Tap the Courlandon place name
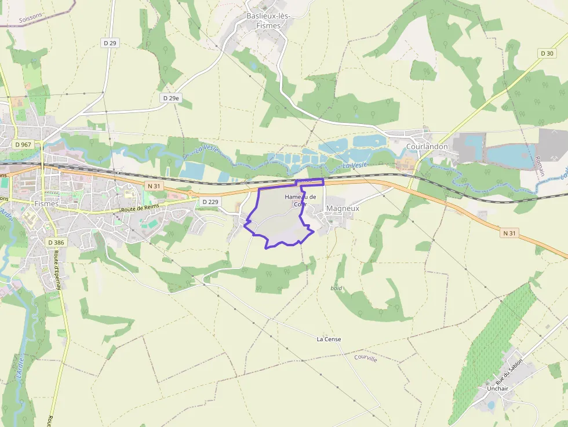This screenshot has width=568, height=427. tap(427, 147)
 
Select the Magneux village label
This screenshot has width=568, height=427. tap(343, 208)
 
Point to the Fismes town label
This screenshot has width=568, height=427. tap(46, 204)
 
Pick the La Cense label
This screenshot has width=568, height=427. tap(329, 339)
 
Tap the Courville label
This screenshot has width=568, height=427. tap(365, 358)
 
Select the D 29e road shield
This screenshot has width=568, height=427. tap(171, 98)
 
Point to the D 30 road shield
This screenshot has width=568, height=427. tap(547, 53)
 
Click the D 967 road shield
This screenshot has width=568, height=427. tap(24, 144)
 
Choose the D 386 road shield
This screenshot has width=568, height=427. tap(56, 242)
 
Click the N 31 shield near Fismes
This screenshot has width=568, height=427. tap(154, 185)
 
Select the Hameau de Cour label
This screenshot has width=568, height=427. tap(300, 200)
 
